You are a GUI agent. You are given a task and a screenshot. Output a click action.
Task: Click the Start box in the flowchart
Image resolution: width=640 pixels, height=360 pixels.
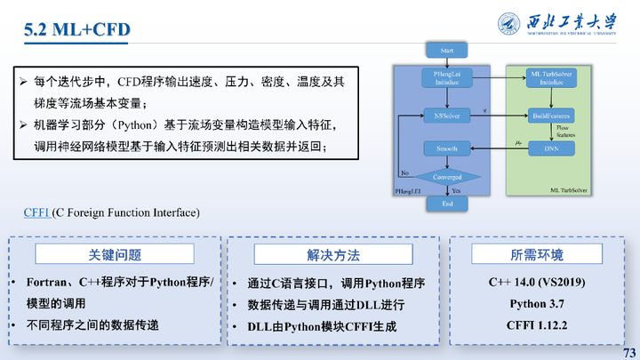pos(447,50)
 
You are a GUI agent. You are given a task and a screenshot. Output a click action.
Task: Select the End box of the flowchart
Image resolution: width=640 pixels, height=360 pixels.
pos(447,204)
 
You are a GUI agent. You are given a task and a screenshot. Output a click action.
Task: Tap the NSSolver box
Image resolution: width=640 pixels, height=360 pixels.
pos(446,116)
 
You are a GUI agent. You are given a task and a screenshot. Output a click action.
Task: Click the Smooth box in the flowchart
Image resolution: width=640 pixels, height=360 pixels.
pos(446,147)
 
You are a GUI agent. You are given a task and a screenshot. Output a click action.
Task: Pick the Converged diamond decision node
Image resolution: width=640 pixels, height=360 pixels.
pos(447,177)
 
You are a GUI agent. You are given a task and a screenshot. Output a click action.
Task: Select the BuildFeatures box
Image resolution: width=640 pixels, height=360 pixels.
pos(551,116)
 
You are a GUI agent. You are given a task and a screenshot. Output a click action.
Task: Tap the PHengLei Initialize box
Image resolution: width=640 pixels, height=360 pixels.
pos(446,78)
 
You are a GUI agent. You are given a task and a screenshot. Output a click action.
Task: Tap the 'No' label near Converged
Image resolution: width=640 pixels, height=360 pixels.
pos(404,172)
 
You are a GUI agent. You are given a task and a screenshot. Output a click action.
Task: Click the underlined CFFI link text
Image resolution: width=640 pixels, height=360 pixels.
pos(36,213)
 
